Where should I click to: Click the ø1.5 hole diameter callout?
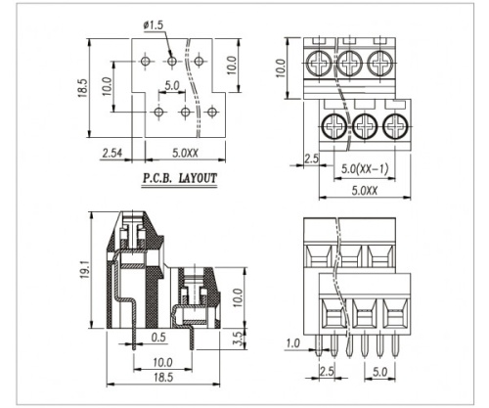(153, 25)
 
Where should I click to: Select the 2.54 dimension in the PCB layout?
(112, 153)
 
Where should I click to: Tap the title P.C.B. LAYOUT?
(180, 178)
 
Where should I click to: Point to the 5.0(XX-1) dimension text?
(365, 169)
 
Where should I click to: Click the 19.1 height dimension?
(85, 269)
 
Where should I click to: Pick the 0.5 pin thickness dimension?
(158, 338)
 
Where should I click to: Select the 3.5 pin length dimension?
(239, 339)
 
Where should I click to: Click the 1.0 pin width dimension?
(292, 343)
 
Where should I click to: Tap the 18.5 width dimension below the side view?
(163, 378)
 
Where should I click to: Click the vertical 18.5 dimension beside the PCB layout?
(82, 88)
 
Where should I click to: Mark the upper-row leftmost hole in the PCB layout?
(146, 61)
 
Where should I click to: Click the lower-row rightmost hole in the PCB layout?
(212, 113)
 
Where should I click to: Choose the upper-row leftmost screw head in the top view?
(319, 63)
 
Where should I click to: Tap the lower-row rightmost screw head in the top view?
(395, 126)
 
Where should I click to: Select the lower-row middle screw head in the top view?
(365, 126)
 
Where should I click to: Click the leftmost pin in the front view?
(319, 345)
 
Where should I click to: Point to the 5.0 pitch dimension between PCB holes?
(172, 85)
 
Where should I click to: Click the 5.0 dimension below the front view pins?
(379, 372)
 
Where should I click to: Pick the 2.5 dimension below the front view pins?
(327, 372)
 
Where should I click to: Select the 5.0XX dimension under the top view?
(365, 191)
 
